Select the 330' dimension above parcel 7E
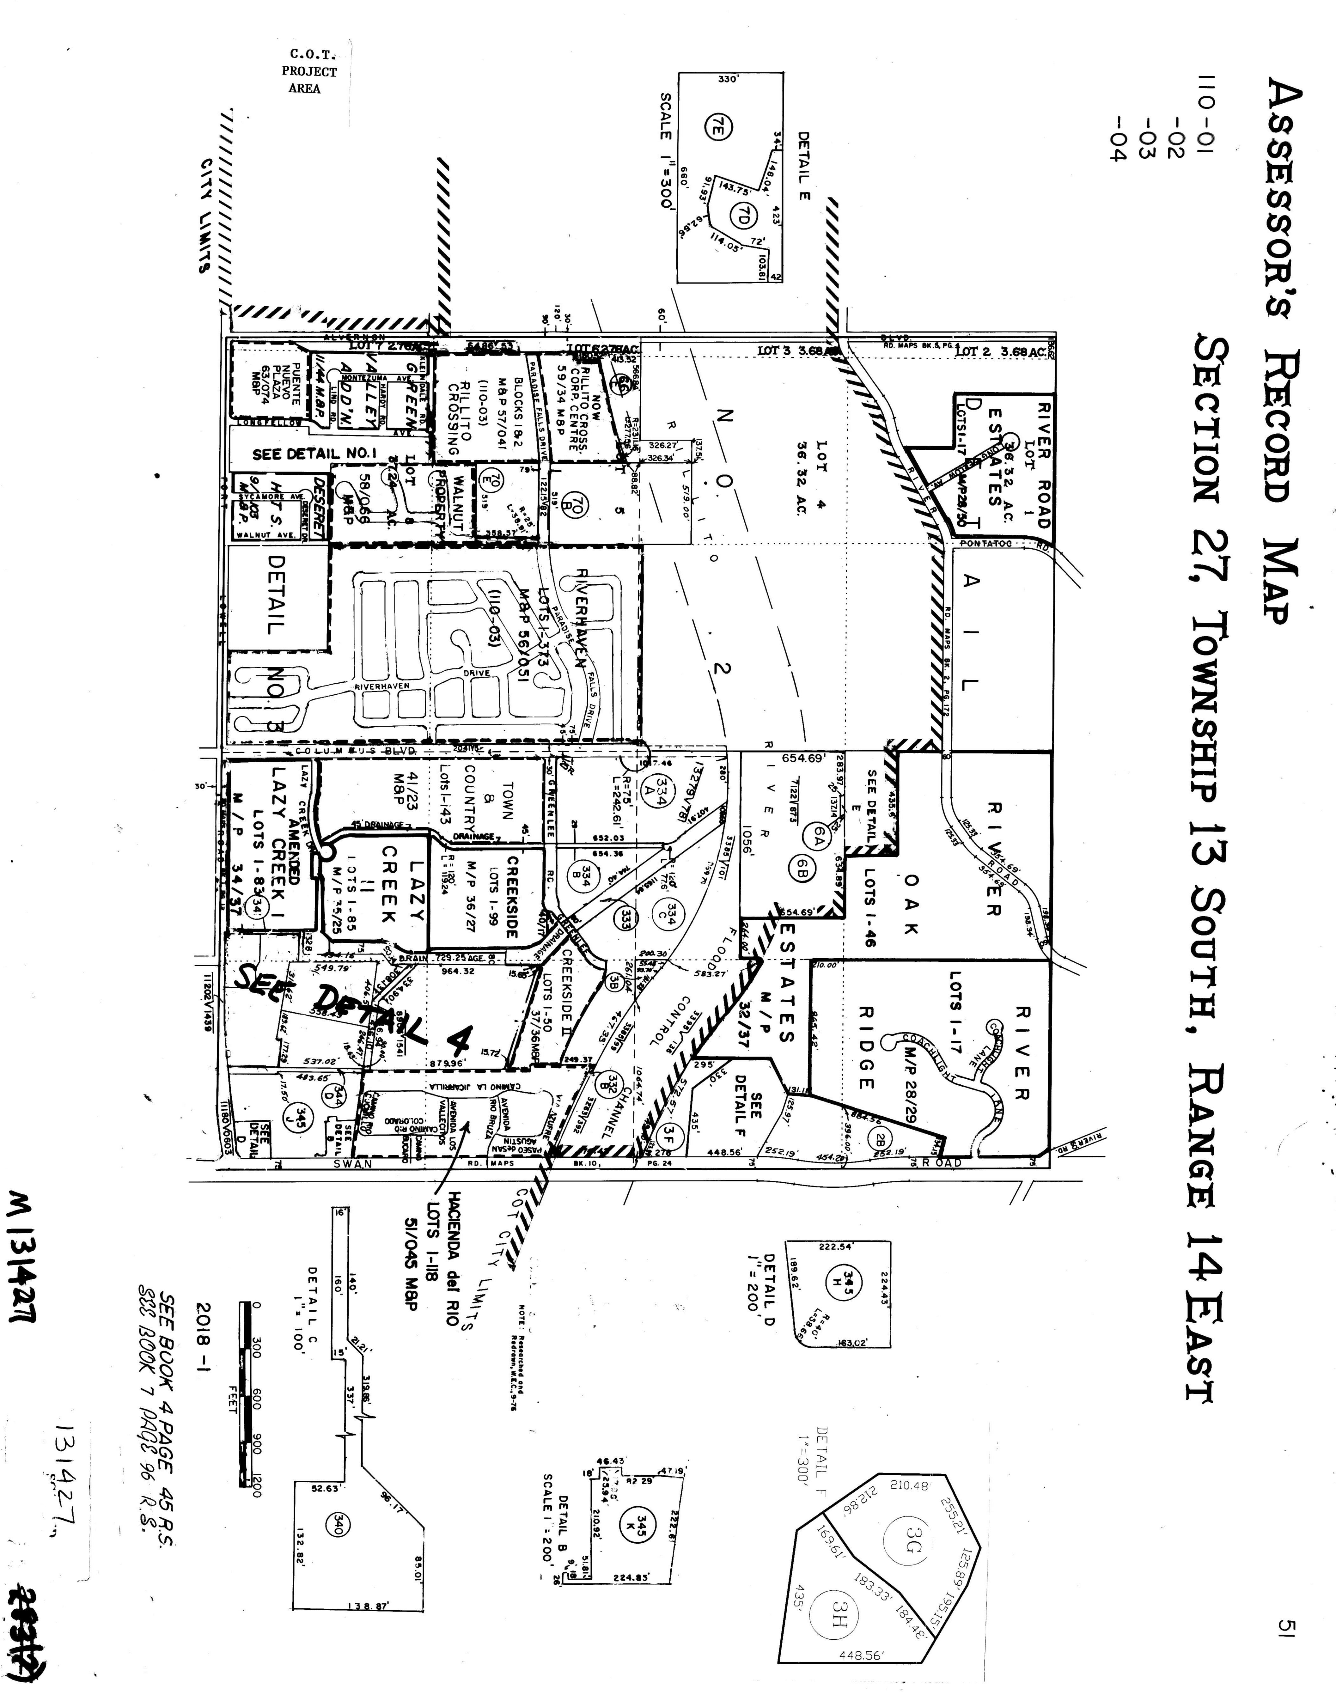pos(728,79)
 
